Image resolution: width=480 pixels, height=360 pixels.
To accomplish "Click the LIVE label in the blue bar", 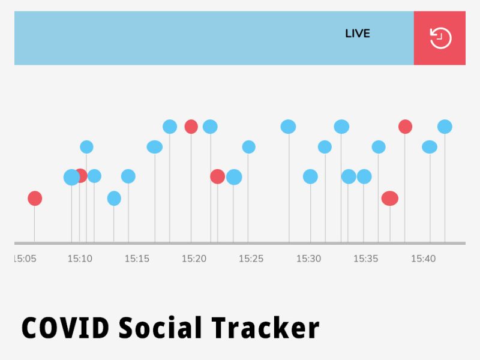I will pyautogui.click(x=358, y=34).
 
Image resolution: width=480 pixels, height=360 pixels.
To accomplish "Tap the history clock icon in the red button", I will pyautogui.click(x=440, y=38).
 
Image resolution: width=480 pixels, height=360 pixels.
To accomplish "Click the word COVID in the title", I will pyautogui.click(x=65, y=328).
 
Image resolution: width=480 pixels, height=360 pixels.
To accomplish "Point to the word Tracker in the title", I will pyautogui.click(x=265, y=328).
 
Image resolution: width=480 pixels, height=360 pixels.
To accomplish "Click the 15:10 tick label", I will pyautogui.click(x=80, y=259).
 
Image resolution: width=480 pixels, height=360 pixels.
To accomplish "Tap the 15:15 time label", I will pyautogui.click(x=137, y=259).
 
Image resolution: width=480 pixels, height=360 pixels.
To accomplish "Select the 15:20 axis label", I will pyautogui.click(x=194, y=259).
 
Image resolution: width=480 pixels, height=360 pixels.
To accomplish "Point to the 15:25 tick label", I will pyautogui.click(x=251, y=259).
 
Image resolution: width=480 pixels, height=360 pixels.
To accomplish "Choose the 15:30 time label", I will pyautogui.click(x=308, y=259).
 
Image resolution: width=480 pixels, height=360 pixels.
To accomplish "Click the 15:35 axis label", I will pyautogui.click(x=365, y=259).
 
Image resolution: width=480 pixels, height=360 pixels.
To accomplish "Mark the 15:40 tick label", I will pyautogui.click(x=423, y=259).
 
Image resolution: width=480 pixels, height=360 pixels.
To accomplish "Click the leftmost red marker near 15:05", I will pyautogui.click(x=35, y=198).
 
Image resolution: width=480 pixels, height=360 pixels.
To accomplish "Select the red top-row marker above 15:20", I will pyautogui.click(x=191, y=127).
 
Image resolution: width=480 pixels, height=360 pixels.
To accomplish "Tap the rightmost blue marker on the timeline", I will pyautogui.click(x=445, y=127).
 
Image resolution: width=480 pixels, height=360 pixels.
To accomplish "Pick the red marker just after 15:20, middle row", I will pyautogui.click(x=217, y=176).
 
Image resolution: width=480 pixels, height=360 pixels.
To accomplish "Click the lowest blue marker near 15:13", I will pyautogui.click(x=114, y=198).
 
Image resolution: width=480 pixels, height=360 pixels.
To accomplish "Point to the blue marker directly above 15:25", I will pyautogui.click(x=248, y=147).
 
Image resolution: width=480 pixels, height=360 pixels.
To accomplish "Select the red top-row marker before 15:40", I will pyautogui.click(x=405, y=127).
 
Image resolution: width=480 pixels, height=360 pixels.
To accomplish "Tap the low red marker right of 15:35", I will pyautogui.click(x=390, y=198).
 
